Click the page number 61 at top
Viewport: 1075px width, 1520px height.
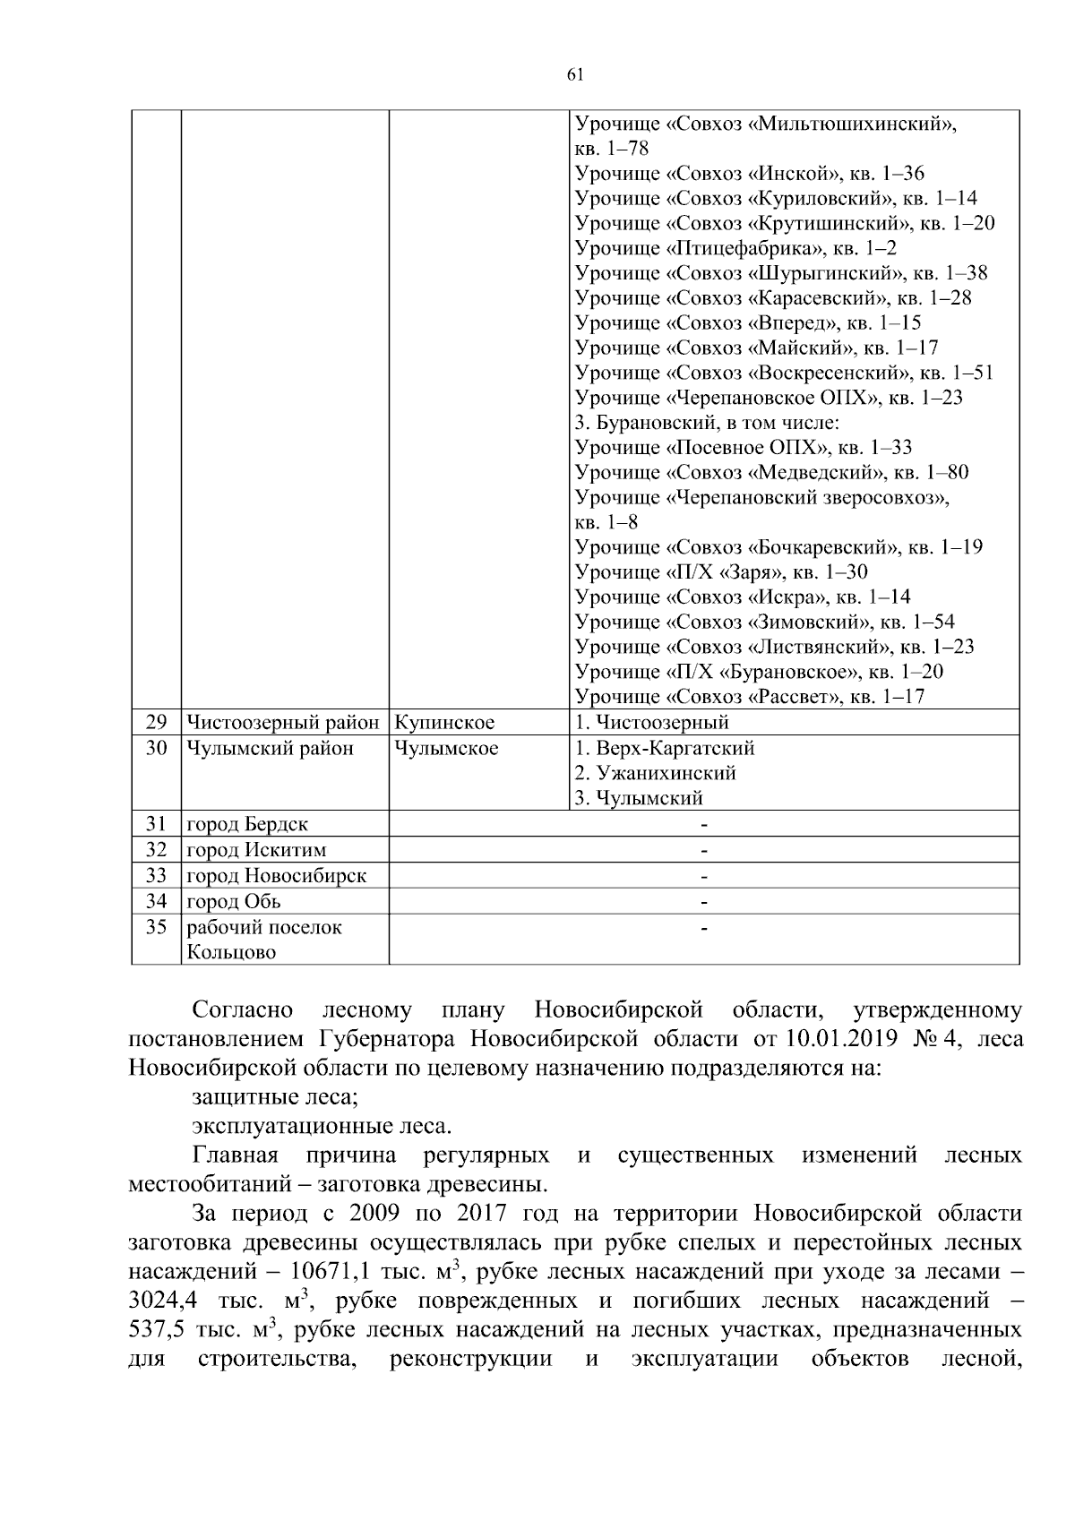[x=575, y=75]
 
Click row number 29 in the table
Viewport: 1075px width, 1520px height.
[x=157, y=722]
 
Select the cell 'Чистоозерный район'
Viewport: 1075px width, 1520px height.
[x=283, y=722]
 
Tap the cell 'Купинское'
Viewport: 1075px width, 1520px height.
[x=445, y=722]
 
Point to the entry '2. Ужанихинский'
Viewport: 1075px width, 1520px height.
[x=655, y=772]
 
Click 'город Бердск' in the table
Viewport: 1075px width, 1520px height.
[x=247, y=824]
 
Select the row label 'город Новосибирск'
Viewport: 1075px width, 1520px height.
[x=276, y=875]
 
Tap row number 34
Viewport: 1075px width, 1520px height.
[x=157, y=901]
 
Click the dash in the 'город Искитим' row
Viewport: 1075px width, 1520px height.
[x=704, y=849]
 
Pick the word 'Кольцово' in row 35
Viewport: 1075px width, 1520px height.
[x=231, y=952]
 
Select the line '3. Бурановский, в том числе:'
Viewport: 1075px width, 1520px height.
[x=707, y=422]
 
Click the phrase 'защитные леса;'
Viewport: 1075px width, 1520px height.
[x=275, y=1096]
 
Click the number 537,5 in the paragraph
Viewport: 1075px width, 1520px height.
[x=158, y=1328]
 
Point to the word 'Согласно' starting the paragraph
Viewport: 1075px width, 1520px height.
[x=243, y=1010]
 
